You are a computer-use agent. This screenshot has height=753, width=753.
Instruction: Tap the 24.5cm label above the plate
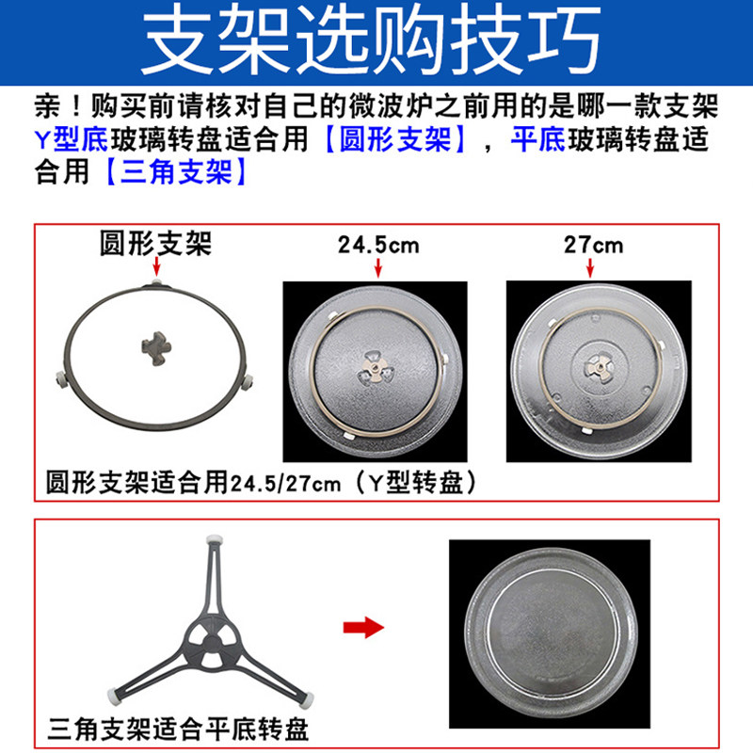click(x=378, y=247)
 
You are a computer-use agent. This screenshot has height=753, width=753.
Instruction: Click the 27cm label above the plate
click(x=593, y=246)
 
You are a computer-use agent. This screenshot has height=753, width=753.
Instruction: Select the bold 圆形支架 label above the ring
click(x=156, y=245)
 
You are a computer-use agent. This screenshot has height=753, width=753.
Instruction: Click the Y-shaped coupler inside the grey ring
click(x=153, y=342)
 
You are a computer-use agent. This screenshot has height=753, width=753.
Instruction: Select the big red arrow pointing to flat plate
click(x=361, y=626)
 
